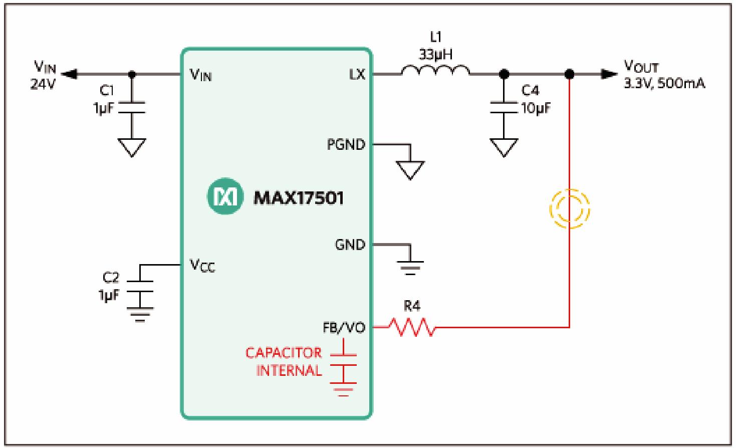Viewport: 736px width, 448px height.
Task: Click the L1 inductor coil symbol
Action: [x=435, y=72]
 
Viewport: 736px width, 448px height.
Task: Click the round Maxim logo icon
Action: [x=225, y=197]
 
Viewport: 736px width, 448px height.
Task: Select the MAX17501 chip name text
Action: [x=299, y=197]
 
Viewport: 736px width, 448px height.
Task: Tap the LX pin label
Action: [x=357, y=75]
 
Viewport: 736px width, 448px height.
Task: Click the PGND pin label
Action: [x=346, y=145]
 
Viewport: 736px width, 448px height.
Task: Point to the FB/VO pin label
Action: [x=344, y=328]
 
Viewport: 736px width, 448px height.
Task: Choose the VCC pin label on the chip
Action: [x=202, y=265]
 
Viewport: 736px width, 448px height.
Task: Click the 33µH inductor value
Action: [x=435, y=54]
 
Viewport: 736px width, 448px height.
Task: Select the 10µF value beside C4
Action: [x=536, y=107]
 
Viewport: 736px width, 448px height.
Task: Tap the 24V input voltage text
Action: [x=43, y=84]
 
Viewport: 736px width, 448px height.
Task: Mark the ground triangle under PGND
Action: [x=410, y=169]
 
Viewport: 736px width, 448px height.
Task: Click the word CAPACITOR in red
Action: [x=284, y=353]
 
